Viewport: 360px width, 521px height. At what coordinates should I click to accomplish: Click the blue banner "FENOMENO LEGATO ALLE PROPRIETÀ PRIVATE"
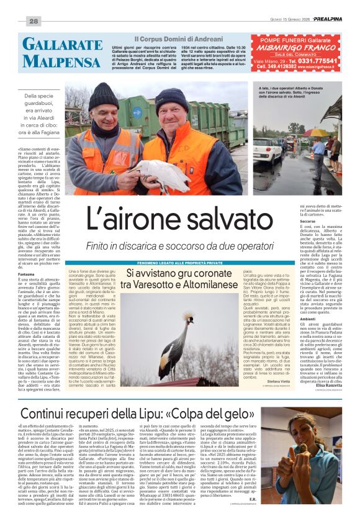(168, 263)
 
